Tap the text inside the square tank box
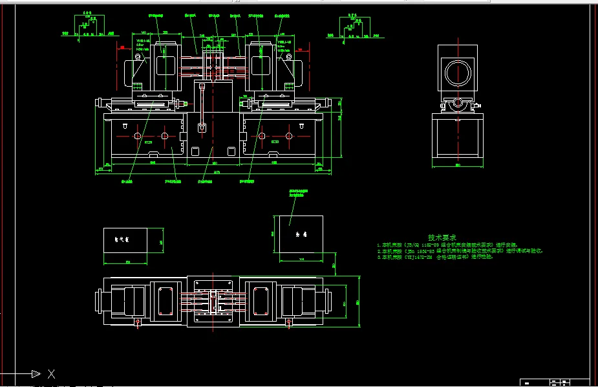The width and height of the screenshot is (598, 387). pos(300,234)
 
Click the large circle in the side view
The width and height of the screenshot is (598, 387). pos(457,69)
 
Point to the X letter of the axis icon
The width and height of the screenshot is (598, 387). pos(52,374)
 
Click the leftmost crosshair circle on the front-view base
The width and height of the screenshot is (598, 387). pos(138,136)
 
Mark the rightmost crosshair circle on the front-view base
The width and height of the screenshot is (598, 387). pos(288,136)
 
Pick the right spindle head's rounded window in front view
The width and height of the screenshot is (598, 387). pos(262,65)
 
